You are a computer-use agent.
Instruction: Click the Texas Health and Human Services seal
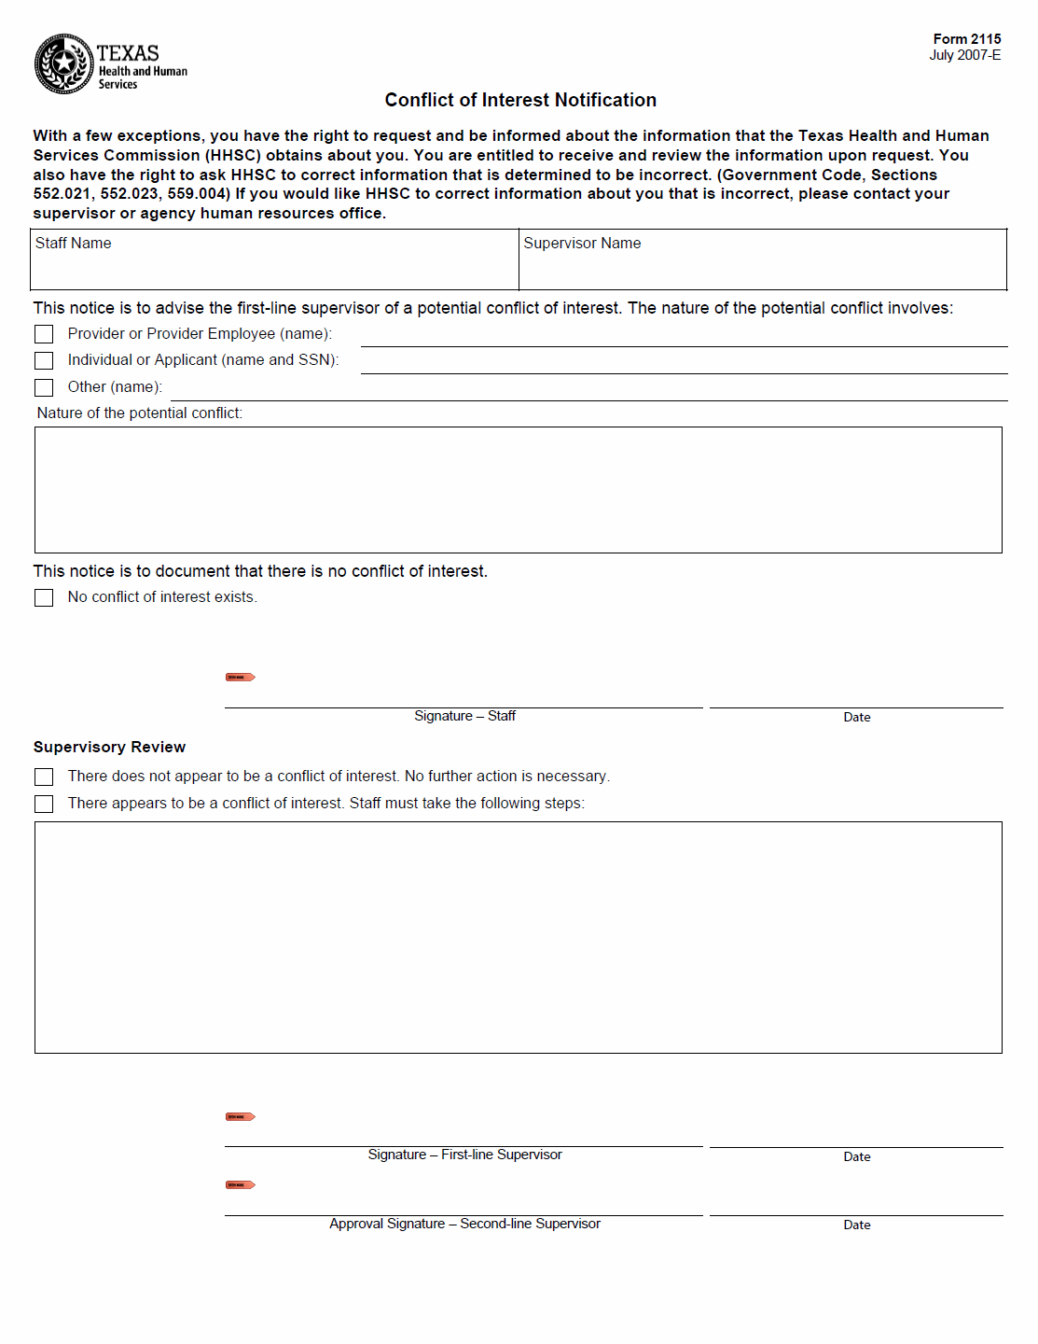pos(63,64)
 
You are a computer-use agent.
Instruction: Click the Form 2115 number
pos(966,39)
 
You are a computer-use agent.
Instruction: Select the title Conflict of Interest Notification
pos(520,100)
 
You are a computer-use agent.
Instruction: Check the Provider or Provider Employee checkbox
pos(44,334)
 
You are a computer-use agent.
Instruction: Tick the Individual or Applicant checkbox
pos(44,360)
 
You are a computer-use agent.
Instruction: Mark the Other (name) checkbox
pos(44,387)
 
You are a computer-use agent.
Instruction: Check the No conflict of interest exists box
pos(44,597)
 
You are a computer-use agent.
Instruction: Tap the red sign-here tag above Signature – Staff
pos(240,677)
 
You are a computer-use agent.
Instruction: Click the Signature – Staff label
pos(464,716)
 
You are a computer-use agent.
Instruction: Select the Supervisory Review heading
pos(109,747)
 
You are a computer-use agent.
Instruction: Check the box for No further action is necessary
pos(44,777)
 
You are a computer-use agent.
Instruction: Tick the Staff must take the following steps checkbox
pos(44,804)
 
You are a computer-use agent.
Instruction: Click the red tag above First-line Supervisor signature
pos(240,1116)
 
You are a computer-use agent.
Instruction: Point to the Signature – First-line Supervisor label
pos(464,1155)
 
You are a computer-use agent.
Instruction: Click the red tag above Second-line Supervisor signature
pos(240,1184)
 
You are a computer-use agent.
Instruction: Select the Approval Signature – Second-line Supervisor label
pos(464,1224)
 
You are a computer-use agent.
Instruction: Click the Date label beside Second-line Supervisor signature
pos(856,1225)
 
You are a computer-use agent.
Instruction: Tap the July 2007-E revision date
pos(964,55)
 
